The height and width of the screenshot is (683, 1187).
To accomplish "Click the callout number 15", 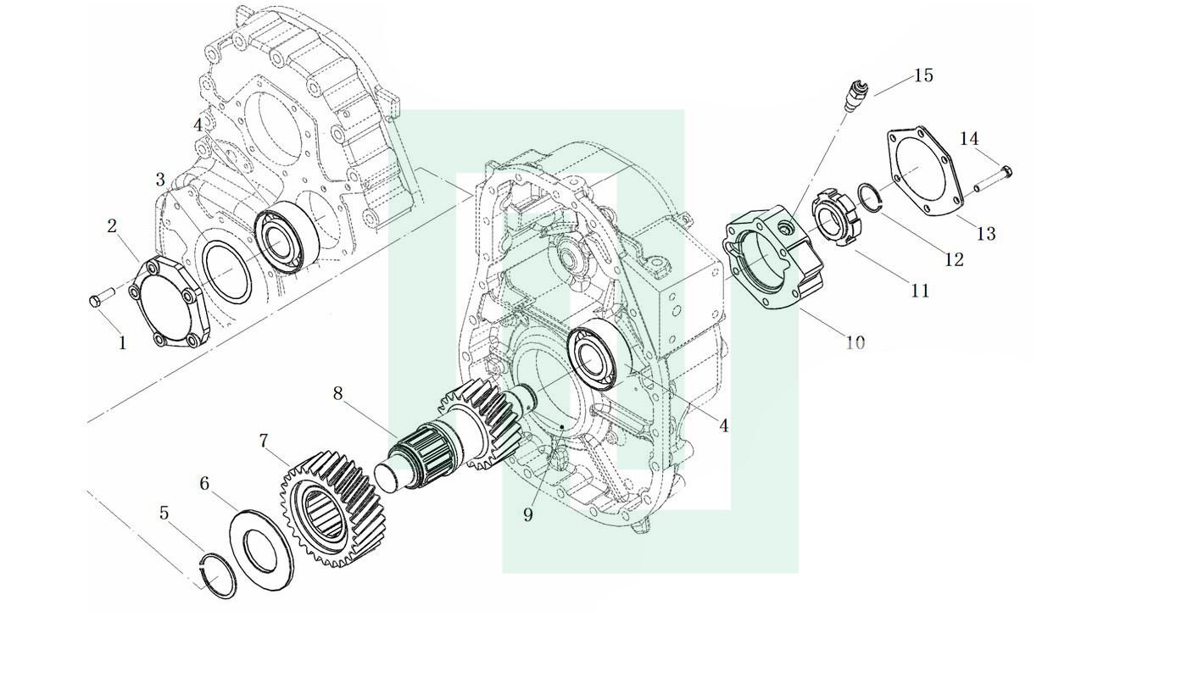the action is click(923, 75).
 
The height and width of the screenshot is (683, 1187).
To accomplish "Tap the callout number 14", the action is click(968, 139).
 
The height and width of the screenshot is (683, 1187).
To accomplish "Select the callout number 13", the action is click(986, 233).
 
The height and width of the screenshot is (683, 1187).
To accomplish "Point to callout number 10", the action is click(855, 342).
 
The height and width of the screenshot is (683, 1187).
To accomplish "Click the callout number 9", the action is click(527, 514).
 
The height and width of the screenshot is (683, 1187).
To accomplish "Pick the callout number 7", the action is click(264, 441).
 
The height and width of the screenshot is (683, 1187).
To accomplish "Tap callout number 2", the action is click(112, 226).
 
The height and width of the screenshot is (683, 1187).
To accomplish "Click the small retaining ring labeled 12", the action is click(869, 197).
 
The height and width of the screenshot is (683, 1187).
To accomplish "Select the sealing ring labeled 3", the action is click(227, 271).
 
